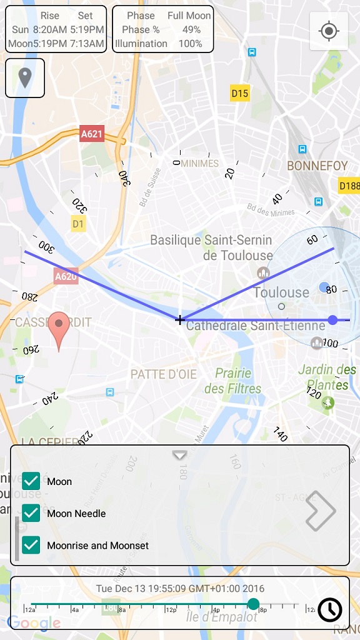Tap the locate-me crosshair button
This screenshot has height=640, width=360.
pyautogui.click(x=329, y=31)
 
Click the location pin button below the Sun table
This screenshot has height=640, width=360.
pyautogui.click(x=25, y=78)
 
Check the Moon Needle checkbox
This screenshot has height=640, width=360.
pyautogui.click(x=31, y=513)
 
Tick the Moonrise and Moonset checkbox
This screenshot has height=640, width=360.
pyautogui.click(x=31, y=545)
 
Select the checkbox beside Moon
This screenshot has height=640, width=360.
pyautogui.click(x=31, y=481)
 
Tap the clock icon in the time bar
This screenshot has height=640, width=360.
pyautogui.click(x=329, y=609)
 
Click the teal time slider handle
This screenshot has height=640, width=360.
pyautogui.click(x=253, y=604)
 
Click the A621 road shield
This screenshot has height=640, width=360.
pyautogui.click(x=92, y=133)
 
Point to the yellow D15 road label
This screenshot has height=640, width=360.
pyautogui.click(x=240, y=94)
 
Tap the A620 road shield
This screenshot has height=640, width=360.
pyautogui.click(x=66, y=276)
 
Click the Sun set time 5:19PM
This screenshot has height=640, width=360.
pyautogui.click(x=87, y=29)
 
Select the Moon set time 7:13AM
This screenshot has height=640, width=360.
pyautogui.click(x=87, y=44)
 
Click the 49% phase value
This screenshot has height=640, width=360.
pyautogui.click(x=191, y=29)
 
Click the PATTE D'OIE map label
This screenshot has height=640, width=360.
pyautogui.click(x=164, y=374)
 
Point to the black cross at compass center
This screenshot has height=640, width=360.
pyautogui.click(x=180, y=320)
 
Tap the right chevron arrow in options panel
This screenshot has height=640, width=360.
pyautogui.click(x=321, y=511)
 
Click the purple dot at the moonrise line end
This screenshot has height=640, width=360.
pyautogui.click(x=332, y=320)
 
